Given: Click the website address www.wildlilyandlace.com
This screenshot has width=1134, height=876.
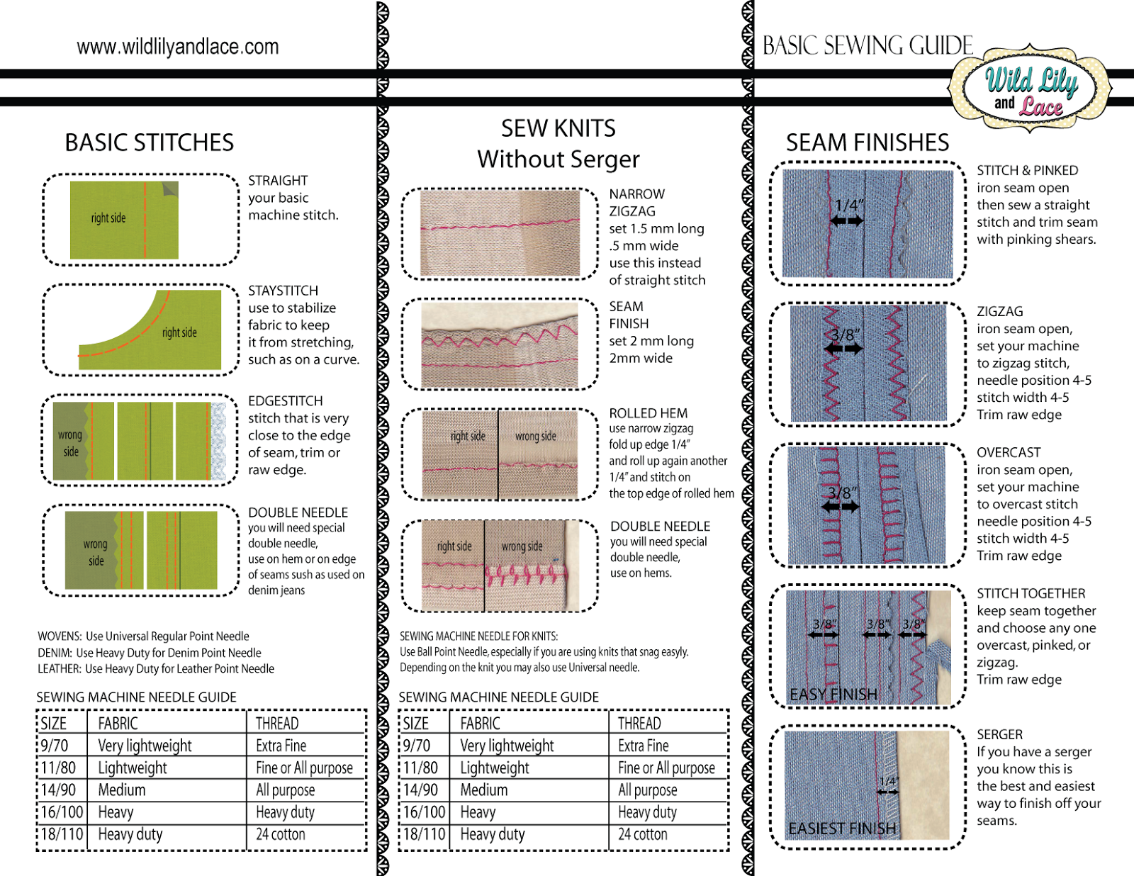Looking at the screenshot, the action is (177, 47).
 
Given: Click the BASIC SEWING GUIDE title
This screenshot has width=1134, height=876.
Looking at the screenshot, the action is (868, 45).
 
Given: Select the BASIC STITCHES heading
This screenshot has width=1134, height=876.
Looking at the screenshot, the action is (150, 142).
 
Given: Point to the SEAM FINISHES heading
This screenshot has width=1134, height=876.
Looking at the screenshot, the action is (868, 142).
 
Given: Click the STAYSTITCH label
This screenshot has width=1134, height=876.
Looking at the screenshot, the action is (283, 291).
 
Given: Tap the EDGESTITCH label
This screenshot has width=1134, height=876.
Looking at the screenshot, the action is (286, 400).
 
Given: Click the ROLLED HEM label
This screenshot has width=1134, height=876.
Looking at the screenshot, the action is (648, 413).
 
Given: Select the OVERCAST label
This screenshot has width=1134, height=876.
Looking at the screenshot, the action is (1009, 452).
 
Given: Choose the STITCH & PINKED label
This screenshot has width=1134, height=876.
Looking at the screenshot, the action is (1028, 171).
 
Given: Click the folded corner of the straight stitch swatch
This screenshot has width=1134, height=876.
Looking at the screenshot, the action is (171, 189).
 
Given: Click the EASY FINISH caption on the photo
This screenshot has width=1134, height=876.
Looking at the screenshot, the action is (833, 695).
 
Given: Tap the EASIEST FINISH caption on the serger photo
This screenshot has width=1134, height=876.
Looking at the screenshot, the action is (842, 829).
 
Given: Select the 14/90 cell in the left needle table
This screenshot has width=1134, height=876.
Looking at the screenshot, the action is (58, 790).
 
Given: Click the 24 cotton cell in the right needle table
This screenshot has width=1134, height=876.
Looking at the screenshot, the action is (643, 834).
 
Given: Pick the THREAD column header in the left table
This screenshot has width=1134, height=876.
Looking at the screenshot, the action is (277, 724).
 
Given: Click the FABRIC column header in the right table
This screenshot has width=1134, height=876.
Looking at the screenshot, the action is (480, 724).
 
